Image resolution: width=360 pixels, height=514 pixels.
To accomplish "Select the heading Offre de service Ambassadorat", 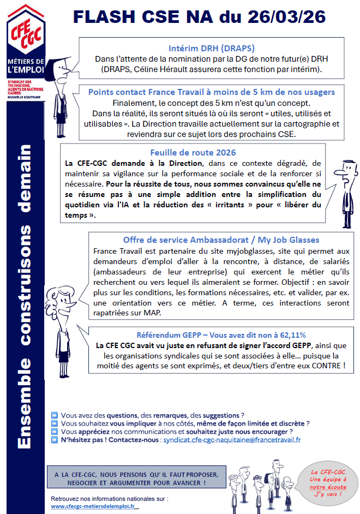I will pyautogui.click(x=221, y=240).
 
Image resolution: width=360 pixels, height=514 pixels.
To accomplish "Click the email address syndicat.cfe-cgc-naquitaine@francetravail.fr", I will pyautogui.click(x=231, y=439).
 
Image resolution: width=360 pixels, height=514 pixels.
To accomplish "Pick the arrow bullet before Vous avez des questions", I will pyautogui.click(x=53, y=415).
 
